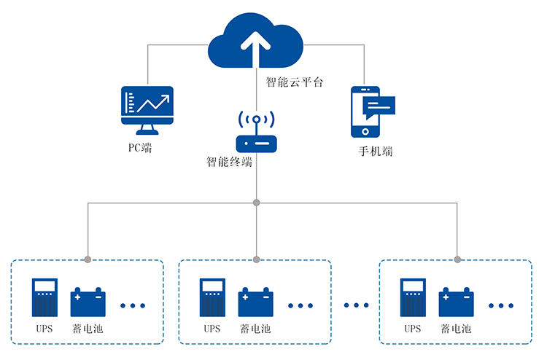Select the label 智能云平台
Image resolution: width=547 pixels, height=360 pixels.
(x=294, y=82)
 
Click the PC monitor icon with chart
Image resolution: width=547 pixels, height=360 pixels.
(x=147, y=109)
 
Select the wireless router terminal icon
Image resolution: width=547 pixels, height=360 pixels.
(x=256, y=133)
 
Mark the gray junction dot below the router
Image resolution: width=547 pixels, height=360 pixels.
(x=256, y=203)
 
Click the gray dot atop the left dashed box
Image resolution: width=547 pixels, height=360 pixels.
(x=88, y=259)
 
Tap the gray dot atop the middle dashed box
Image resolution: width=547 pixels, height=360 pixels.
(x=256, y=259)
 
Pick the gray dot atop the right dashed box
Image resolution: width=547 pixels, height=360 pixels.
(x=457, y=259)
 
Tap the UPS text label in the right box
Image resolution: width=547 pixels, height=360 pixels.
(x=412, y=329)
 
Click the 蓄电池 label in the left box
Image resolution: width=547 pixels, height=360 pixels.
(x=88, y=329)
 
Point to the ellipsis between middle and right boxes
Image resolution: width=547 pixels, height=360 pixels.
(x=355, y=305)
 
